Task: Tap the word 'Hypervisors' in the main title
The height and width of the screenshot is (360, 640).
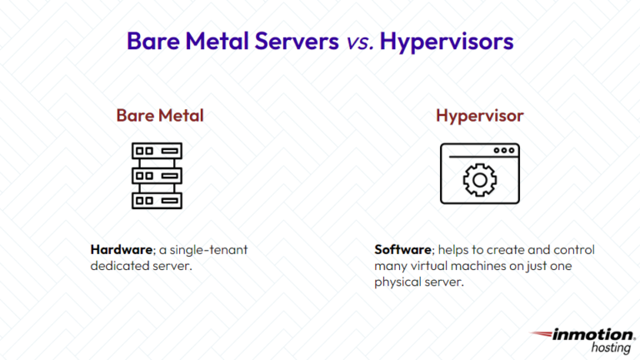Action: click(x=446, y=41)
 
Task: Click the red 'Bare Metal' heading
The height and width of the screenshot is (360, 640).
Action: click(x=160, y=116)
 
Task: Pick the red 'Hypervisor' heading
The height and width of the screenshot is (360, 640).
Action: click(x=480, y=116)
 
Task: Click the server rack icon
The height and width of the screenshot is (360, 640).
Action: click(x=157, y=175)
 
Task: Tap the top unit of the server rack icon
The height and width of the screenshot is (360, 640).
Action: click(x=157, y=152)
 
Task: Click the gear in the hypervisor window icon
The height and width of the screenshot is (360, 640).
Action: click(x=479, y=180)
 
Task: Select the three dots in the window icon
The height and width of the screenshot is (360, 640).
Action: click(x=503, y=150)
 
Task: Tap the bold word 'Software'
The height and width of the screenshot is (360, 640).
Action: click(x=403, y=249)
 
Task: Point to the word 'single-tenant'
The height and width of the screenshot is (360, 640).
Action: click(x=212, y=249)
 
